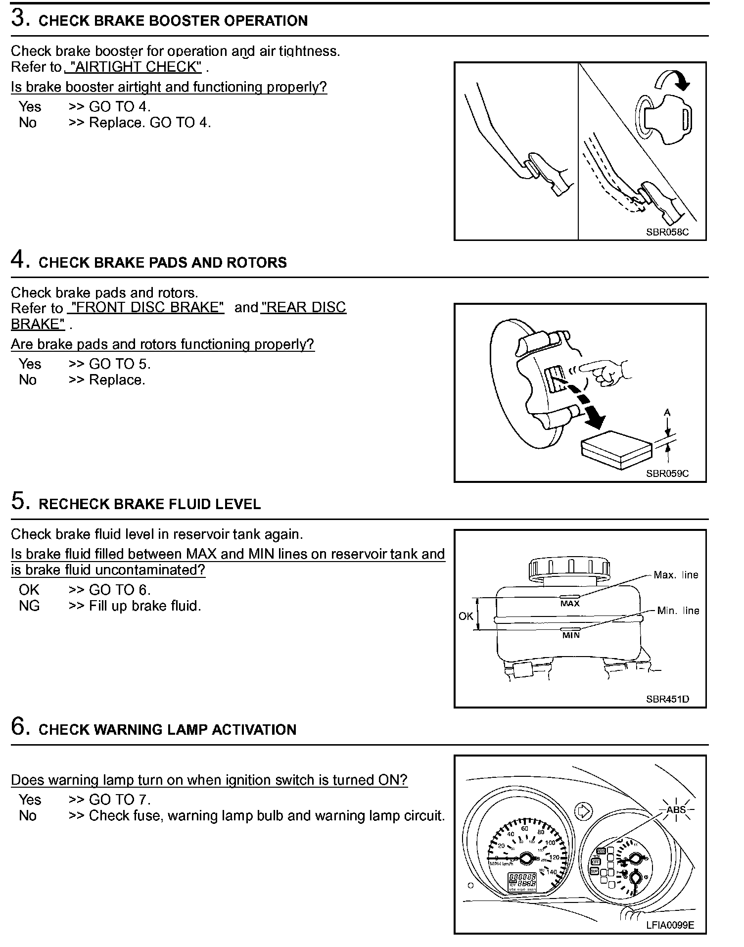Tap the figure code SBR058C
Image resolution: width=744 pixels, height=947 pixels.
667,232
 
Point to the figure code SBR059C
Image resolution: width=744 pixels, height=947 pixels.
667,473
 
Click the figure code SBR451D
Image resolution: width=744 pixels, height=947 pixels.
667,699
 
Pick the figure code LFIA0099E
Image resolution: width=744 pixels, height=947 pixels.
670,925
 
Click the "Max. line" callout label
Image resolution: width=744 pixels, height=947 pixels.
676,575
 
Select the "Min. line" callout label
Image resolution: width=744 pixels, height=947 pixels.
678,611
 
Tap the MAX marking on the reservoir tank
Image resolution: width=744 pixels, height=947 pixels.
570,604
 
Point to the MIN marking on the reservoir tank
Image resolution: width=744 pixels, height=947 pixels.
570,635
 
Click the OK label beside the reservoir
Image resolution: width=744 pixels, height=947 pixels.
465,616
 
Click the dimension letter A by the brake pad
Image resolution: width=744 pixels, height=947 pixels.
667,412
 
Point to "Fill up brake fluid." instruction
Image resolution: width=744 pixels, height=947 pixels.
145,606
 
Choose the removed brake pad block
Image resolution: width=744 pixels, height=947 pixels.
616,449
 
